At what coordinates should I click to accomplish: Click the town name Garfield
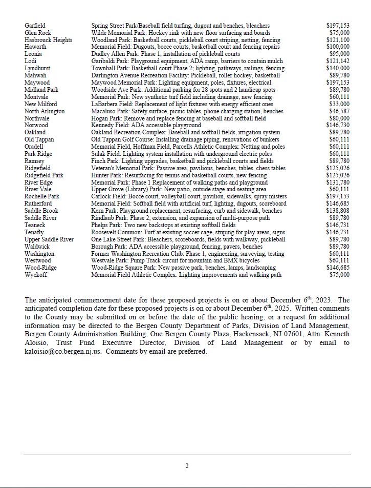(x=35, y=26)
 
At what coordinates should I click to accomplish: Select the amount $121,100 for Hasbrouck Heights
(x=338, y=40)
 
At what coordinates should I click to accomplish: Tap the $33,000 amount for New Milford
(x=339, y=104)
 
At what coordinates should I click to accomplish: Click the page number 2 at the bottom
(x=187, y=466)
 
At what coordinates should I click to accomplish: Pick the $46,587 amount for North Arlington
(x=339, y=111)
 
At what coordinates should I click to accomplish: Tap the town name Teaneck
(x=35, y=225)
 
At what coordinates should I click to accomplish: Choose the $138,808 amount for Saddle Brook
(x=338, y=211)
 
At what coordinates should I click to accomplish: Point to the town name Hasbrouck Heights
(x=48, y=40)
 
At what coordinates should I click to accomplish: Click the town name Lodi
(x=30, y=61)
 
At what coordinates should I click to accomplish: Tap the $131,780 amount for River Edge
(x=338, y=182)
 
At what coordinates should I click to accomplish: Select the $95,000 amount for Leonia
(x=339, y=54)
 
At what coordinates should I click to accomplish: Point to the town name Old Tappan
(x=39, y=139)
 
